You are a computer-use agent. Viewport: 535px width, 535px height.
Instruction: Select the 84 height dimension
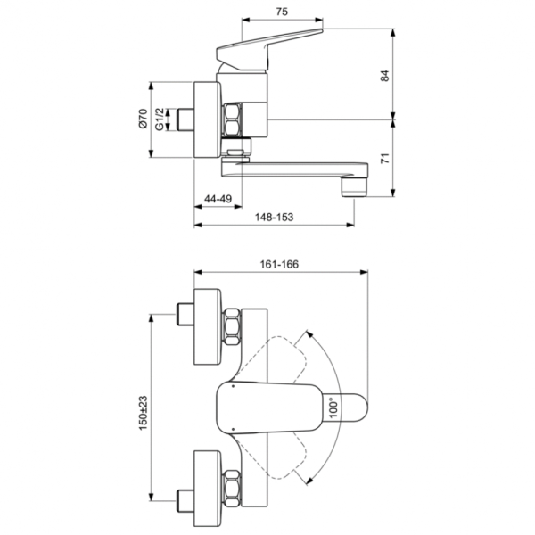(385, 76)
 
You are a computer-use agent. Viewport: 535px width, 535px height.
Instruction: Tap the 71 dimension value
(385, 159)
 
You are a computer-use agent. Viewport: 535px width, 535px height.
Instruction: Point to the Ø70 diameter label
(143, 119)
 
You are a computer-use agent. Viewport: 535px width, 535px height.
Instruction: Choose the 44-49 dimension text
(218, 198)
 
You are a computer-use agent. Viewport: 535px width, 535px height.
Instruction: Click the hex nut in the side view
(235, 119)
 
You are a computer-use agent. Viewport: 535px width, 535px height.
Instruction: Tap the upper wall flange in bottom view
(207, 326)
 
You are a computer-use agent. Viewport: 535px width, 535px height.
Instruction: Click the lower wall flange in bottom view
(207, 487)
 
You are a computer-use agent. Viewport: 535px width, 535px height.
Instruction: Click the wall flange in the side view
(207, 119)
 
